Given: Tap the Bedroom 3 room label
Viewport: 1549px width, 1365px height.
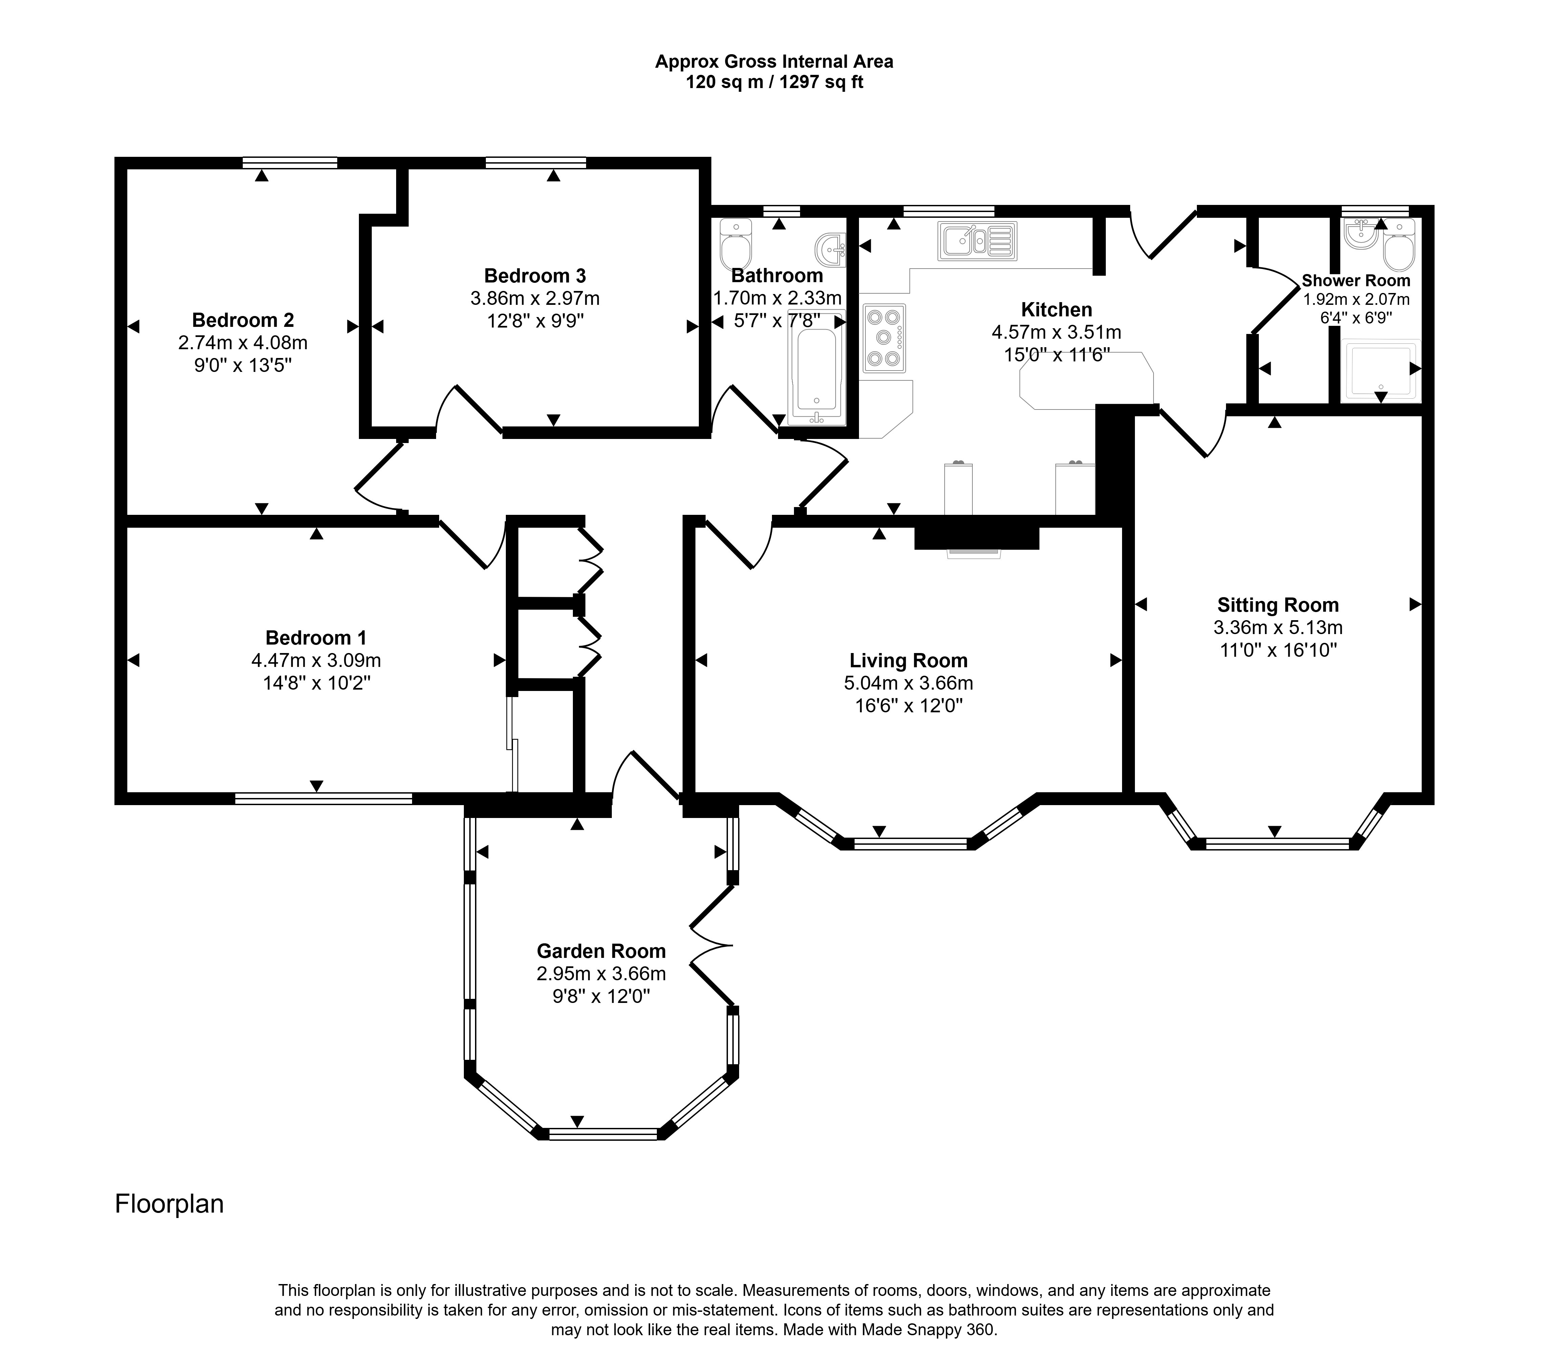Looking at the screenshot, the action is tap(535, 276).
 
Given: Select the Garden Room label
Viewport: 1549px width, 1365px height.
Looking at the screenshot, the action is tap(601, 951).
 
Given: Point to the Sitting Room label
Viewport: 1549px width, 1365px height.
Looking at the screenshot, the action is tap(1278, 605).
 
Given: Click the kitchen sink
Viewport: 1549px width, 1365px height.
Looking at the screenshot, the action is tap(977, 241).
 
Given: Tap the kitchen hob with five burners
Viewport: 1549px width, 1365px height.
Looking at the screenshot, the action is tap(884, 338).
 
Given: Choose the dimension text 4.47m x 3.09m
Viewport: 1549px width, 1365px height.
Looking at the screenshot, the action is tap(316, 660).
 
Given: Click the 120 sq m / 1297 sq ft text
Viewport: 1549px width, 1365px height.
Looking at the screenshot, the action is tap(774, 82).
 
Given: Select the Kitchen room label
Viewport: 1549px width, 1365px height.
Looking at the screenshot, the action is tap(1056, 309).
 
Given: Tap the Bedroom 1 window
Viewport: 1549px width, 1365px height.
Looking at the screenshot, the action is tap(324, 798).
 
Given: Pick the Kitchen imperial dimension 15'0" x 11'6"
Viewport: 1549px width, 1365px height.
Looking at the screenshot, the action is tap(1056, 354).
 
